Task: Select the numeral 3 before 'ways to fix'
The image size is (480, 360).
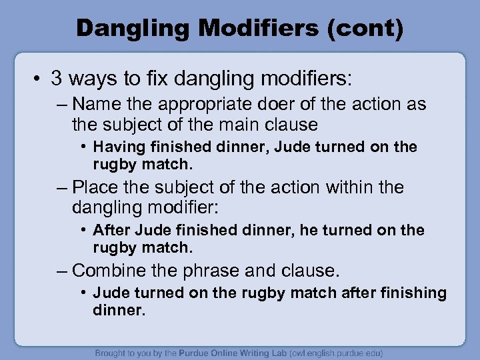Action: click(57, 79)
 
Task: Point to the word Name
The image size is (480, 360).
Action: click(93, 105)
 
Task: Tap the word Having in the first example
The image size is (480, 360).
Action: click(117, 147)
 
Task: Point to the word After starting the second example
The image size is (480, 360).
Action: click(111, 230)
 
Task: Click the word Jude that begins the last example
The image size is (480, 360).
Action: click(110, 293)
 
